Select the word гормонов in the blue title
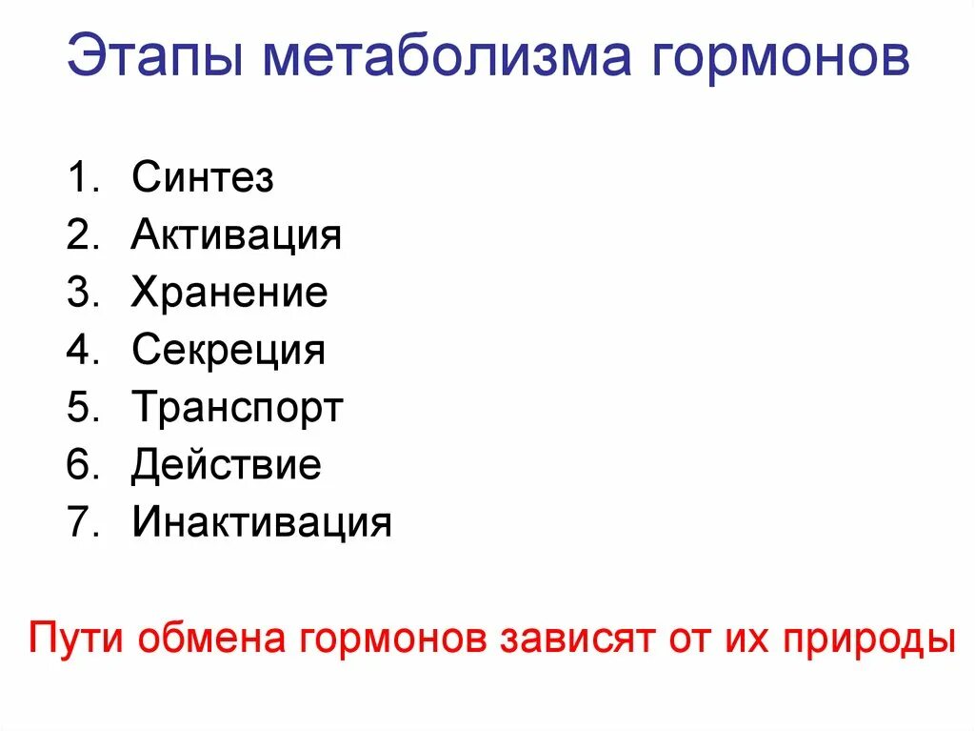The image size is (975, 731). point(781,60)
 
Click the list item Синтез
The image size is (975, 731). point(203,177)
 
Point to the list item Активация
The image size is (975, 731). point(236,234)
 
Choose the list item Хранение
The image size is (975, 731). point(229,293)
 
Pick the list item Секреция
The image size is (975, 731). point(229,351)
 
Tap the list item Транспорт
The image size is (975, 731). point(237,409)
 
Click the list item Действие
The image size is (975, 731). point(227,466)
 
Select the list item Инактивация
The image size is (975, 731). point(262,523)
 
